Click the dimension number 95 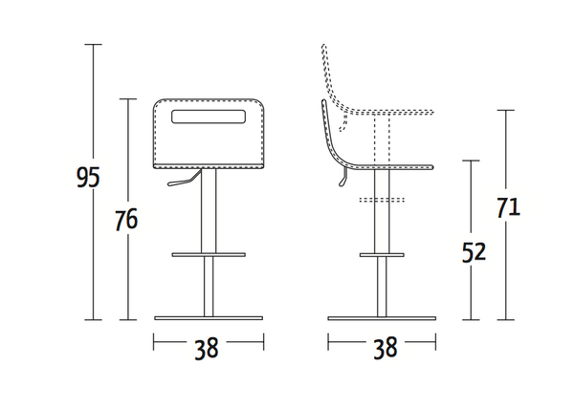[x=88, y=177]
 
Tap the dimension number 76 [x=126, y=220]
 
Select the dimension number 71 [x=509, y=207]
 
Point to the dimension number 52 [x=474, y=251]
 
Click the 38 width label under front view [x=207, y=349]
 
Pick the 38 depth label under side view [x=386, y=347]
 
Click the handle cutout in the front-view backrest [x=209, y=117]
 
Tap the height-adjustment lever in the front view [x=183, y=179]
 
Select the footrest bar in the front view [x=209, y=254]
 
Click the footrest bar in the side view [x=382, y=254]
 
